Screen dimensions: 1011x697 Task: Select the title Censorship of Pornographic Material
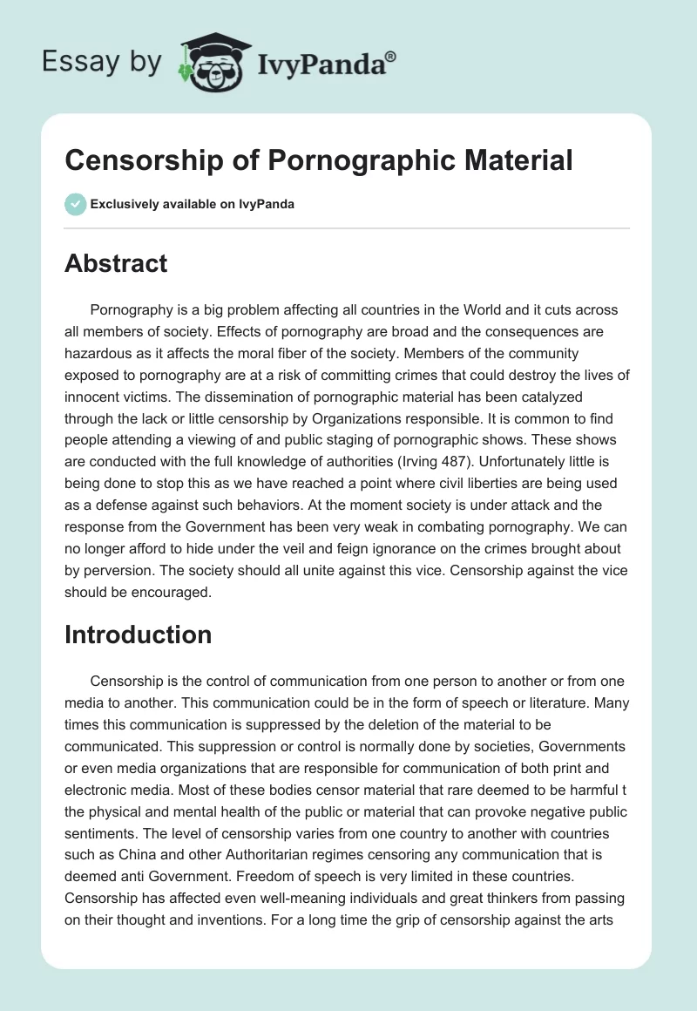tap(319, 160)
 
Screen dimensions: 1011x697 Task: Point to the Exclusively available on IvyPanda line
tap(192, 205)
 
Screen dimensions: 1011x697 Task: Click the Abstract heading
tap(116, 263)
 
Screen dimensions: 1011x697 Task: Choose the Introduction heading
tap(138, 634)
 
